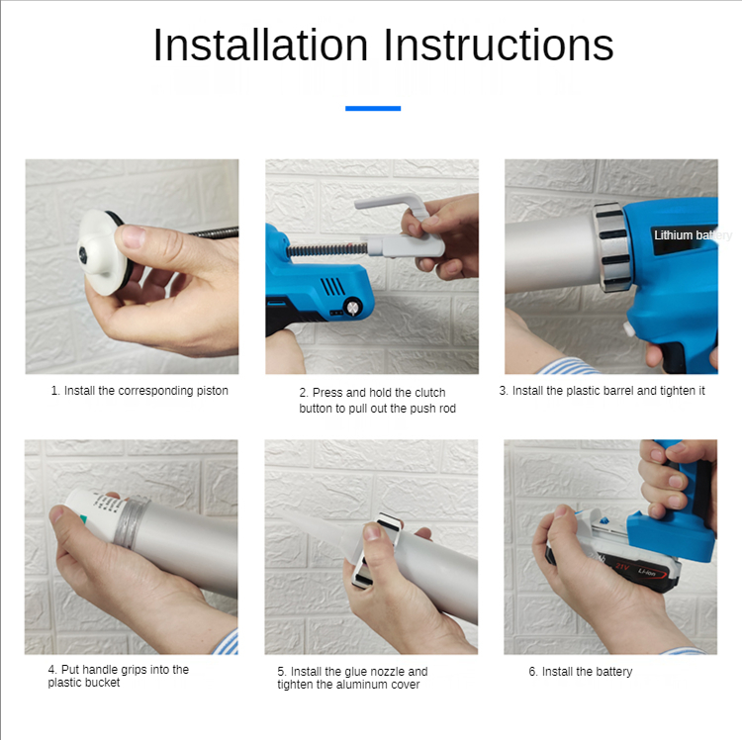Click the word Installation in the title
point(260,45)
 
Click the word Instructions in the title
point(499,45)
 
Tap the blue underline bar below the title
point(373,109)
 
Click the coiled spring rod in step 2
point(327,249)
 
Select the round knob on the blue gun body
point(353,307)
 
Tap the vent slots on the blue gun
point(332,286)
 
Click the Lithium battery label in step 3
point(693,235)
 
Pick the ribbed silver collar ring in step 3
point(612,246)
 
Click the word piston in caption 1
point(213,391)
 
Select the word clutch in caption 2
point(430,393)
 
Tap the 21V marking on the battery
point(622,566)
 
